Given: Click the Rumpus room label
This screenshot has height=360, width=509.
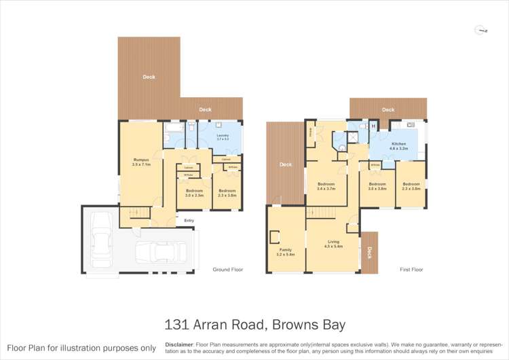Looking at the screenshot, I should click(x=141, y=160).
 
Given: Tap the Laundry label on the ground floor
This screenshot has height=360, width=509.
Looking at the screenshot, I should click(x=222, y=136).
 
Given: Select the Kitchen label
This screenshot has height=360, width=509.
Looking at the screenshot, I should click(x=398, y=145).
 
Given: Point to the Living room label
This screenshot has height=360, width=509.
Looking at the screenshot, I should click(x=333, y=242).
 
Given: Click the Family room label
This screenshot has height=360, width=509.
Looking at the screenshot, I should click(x=286, y=250).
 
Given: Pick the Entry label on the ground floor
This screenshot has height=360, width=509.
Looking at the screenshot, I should click(x=189, y=220).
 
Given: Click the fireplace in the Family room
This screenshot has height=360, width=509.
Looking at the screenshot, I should click(x=275, y=237).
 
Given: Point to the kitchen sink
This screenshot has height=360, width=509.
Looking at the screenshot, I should click(x=411, y=125).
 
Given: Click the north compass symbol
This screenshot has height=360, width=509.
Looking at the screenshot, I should click(x=483, y=30).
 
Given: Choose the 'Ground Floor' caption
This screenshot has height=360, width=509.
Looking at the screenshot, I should click(x=228, y=270).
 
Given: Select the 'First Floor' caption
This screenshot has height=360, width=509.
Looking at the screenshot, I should click(x=412, y=270).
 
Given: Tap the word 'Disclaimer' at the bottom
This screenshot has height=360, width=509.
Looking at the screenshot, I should click(x=179, y=344).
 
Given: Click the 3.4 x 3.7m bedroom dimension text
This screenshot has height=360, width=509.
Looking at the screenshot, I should click(x=326, y=189).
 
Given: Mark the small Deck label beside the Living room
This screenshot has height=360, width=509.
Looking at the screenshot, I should click(x=369, y=253).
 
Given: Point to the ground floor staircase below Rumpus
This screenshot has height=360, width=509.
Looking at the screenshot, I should click(x=136, y=215).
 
